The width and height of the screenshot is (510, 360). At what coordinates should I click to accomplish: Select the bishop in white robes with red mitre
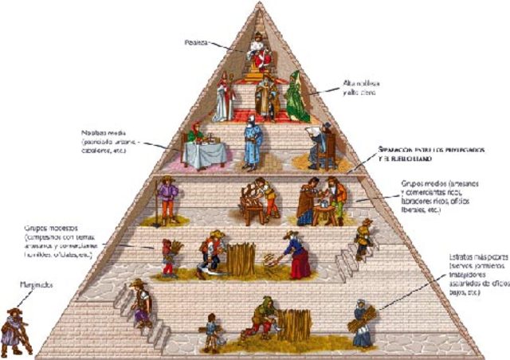pos(223,100)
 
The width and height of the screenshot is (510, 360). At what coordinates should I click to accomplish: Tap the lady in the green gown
pos(296,97)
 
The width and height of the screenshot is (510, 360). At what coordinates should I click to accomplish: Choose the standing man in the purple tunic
pos(167,199)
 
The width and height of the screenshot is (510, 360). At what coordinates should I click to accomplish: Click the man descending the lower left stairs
pos(139,303)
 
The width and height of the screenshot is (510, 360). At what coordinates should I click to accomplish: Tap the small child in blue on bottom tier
pos(210,331)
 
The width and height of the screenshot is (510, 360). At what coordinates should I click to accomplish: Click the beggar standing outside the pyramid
pos(14,331)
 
